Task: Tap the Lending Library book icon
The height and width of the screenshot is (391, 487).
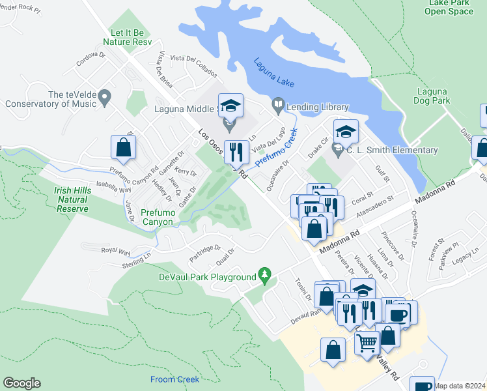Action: click(x=278, y=104)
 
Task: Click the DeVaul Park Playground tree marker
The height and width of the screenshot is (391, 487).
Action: click(x=264, y=275)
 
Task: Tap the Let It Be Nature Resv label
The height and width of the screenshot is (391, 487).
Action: click(x=131, y=37)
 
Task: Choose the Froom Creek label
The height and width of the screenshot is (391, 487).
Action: click(x=174, y=379)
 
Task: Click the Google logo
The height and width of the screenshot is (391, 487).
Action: click(x=21, y=383)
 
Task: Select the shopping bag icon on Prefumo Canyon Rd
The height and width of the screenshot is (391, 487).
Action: click(x=123, y=148)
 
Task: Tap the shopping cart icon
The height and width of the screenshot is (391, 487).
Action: click(x=367, y=341)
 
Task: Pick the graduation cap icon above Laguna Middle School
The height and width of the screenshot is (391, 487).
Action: click(x=230, y=106)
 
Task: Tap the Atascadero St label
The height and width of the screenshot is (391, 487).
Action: click(x=373, y=203)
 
